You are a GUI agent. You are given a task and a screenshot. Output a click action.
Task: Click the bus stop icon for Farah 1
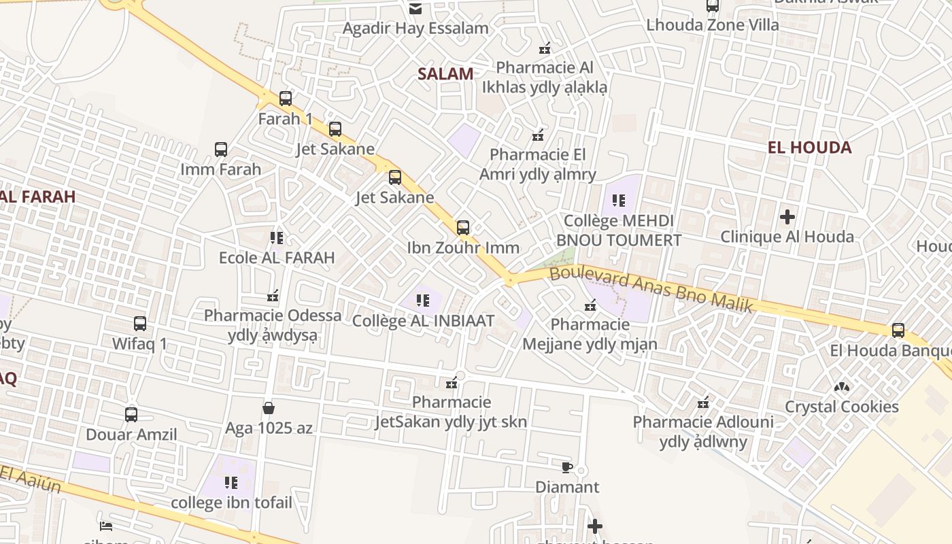pos(286,99)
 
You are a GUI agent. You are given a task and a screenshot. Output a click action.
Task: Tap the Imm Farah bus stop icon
pos(221,150)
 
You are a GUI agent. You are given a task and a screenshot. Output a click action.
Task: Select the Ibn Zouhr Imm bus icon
pos(463,228)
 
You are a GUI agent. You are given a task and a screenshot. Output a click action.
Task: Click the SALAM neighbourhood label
pos(445,74)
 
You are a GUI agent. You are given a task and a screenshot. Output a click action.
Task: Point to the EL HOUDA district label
pos(809,148)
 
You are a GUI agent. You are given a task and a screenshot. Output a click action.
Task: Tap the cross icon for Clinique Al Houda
pos(787,217)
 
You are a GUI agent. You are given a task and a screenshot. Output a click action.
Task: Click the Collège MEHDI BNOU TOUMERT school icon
pos(619,201)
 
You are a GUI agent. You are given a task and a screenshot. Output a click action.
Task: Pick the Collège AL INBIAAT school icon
pos(423,300)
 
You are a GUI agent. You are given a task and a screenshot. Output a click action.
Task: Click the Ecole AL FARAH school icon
pos(277,238)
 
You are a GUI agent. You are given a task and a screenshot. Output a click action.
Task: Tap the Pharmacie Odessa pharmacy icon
pos(273,296)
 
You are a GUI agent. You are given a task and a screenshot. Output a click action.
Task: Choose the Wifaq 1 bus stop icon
pos(140,324)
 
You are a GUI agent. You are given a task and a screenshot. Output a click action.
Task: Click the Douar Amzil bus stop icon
pos(131,414)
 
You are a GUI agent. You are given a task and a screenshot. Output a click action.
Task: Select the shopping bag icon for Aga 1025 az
pos(269,408)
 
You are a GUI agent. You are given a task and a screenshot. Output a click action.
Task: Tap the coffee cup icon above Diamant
pos(567,467)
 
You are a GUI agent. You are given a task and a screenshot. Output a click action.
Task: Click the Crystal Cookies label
pos(842,407)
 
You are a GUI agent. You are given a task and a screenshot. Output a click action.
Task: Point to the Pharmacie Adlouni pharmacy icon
pos(703,403)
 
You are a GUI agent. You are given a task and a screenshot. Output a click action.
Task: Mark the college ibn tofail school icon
pos(231,483)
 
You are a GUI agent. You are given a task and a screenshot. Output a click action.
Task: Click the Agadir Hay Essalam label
pos(415,29)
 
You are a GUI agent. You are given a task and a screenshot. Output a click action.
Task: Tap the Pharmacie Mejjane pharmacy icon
pos(590,305)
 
